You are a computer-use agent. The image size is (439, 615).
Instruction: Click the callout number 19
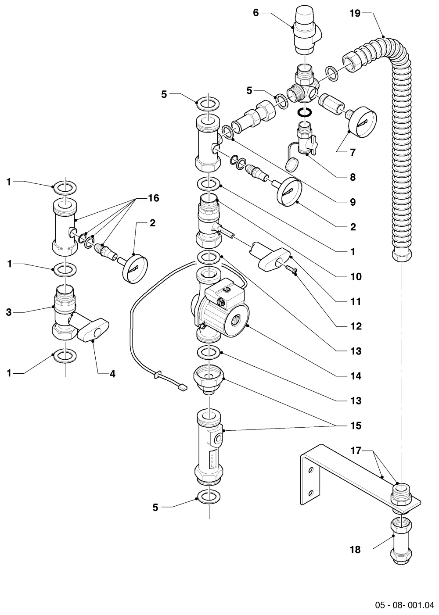[355, 13]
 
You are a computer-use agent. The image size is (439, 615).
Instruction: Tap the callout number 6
[256, 13]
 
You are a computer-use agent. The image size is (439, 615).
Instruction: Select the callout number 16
[154, 198]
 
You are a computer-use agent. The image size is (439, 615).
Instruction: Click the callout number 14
[356, 376]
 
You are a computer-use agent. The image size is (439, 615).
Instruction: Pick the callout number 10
[356, 276]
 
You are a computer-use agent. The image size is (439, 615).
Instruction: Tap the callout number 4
[113, 374]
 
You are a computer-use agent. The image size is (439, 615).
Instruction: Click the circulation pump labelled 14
[220, 311]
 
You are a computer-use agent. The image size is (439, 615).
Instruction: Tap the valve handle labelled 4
[93, 330]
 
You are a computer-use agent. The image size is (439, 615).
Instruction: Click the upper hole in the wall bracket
[311, 471]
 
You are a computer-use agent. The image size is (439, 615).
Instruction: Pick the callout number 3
[9, 312]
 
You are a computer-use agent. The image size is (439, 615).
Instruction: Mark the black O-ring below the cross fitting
[305, 112]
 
